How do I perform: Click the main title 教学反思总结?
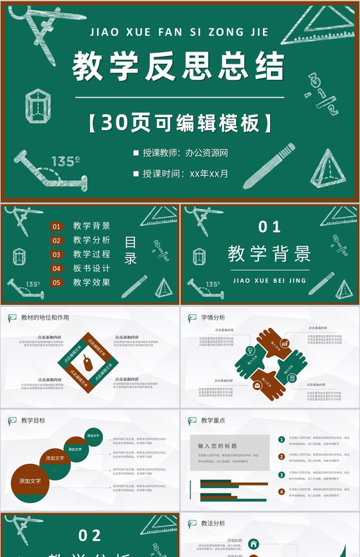pos(178,66)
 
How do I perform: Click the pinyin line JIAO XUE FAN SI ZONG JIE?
pos(179,31)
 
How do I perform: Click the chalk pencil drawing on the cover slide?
pos(269,165)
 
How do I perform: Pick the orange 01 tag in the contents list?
pos(57,226)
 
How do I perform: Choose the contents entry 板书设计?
pos(91,268)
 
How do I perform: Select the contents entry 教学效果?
pos(91,282)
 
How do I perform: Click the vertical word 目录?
pos(130,251)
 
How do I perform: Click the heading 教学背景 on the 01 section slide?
pos(269,253)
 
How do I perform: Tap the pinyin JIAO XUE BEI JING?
pos(269,280)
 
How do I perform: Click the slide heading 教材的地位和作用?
pos(45,318)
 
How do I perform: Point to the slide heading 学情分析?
pos(213,318)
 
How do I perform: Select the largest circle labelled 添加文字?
pos(30,482)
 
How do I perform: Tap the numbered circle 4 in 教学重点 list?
pos(282,492)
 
